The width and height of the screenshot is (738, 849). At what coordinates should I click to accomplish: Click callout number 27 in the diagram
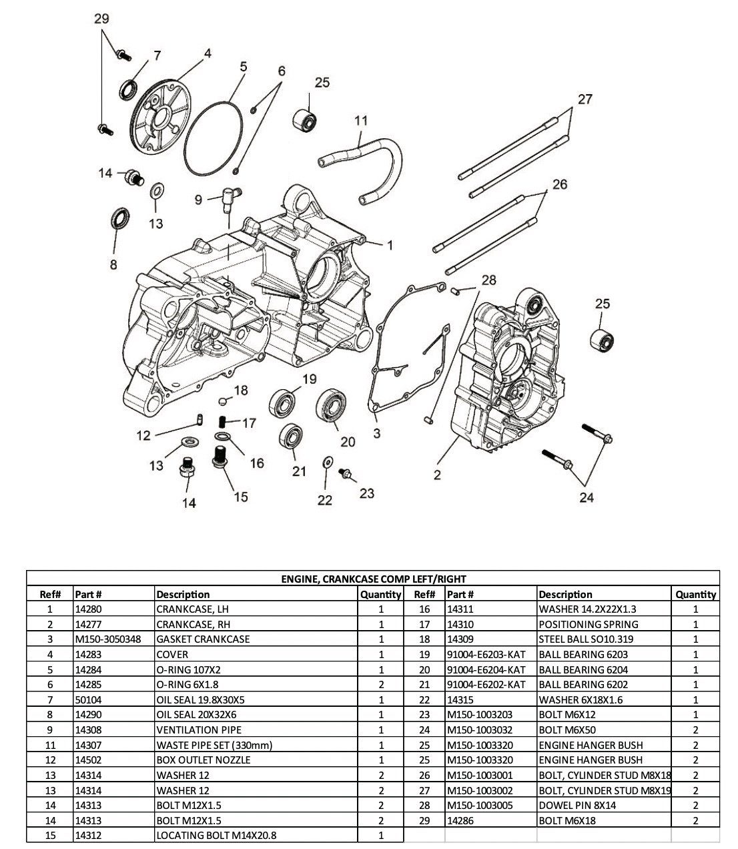(x=585, y=99)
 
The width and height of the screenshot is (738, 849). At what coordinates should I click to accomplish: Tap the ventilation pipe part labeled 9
(x=229, y=196)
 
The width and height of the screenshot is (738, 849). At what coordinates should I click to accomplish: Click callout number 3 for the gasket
(x=377, y=434)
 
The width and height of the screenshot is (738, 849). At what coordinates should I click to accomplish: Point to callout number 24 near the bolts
(x=587, y=497)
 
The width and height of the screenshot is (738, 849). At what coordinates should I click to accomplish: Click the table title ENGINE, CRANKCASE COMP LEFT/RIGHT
(x=373, y=579)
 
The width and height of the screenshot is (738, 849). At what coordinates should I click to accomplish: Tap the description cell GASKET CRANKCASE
(x=203, y=639)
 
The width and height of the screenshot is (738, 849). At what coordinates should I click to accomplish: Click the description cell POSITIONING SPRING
(x=588, y=625)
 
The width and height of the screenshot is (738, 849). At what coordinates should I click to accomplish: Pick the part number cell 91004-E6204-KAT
(x=486, y=669)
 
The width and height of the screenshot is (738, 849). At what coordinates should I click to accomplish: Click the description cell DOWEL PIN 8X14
(x=577, y=805)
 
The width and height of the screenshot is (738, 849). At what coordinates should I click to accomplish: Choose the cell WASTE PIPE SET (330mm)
(x=214, y=745)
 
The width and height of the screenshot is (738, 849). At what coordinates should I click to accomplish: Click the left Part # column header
(x=89, y=594)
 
